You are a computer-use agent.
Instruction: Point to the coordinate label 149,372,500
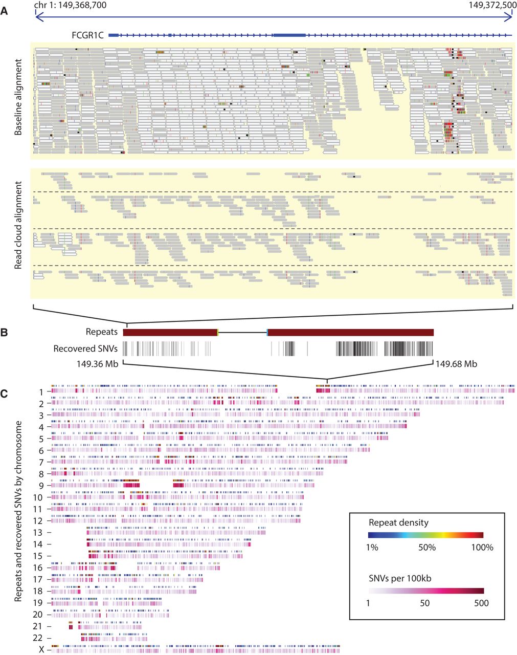(489, 5)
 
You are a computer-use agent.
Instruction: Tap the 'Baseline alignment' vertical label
(18, 97)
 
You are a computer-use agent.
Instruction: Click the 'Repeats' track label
(102, 332)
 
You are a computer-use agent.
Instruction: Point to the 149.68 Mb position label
(456, 364)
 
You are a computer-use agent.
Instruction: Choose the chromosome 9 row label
(41, 486)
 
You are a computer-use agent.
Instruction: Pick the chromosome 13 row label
(39, 533)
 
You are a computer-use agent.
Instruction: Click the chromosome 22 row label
(39, 638)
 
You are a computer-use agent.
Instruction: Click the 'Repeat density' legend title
(398, 523)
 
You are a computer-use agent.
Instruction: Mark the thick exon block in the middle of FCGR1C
(289, 35)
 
